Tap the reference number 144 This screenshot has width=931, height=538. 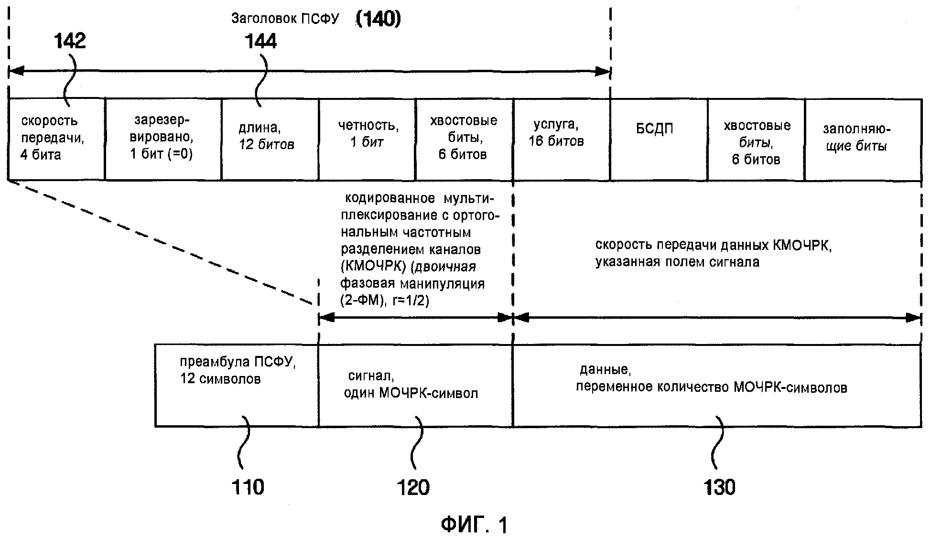pyautogui.click(x=260, y=42)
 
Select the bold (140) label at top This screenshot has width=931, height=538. pyautogui.click(x=378, y=19)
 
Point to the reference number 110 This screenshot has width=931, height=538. pyautogui.click(x=248, y=487)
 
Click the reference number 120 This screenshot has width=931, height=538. pyautogui.click(x=413, y=487)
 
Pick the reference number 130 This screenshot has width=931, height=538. pyautogui.click(x=719, y=487)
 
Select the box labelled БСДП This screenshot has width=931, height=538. pyautogui.click(x=659, y=140)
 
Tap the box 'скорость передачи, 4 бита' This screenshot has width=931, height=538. pyautogui.click(x=56, y=140)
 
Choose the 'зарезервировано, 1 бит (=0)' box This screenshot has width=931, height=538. pyautogui.click(x=163, y=140)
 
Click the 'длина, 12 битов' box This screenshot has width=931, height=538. pyautogui.click(x=271, y=140)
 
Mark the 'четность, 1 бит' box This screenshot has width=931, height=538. pyautogui.click(x=368, y=140)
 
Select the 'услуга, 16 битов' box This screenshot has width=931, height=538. pyautogui.click(x=562, y=140)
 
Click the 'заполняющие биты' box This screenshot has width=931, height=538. pyautogui.click(x=863, y=140)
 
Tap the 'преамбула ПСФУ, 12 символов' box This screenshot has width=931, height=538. pyautogui.click(x=237, y=385)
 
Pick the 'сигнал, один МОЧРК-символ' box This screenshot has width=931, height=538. pyautogui.click(x=416, y=385)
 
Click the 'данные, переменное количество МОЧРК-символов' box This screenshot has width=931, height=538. pyautogui.click(x=717, y=385)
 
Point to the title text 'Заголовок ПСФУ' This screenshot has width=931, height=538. pyautogui.click(x=285, y=19)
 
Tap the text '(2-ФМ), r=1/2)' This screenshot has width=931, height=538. pyautogui.click(x=385, y=301)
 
